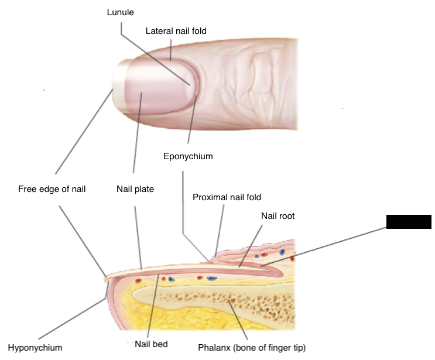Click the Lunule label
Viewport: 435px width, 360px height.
point(120,12)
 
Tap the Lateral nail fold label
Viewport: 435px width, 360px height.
point(176,30)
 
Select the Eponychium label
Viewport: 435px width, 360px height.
point(187,156)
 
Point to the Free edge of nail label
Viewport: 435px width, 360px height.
point(52,189)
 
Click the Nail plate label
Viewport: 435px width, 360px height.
point(135,189)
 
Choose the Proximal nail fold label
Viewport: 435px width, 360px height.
point(227,197)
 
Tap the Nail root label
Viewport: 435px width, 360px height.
point(278,216)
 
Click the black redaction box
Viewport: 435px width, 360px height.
point(409,221)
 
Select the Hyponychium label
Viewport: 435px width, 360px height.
point(35,348)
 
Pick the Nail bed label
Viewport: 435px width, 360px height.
point(152,344)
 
